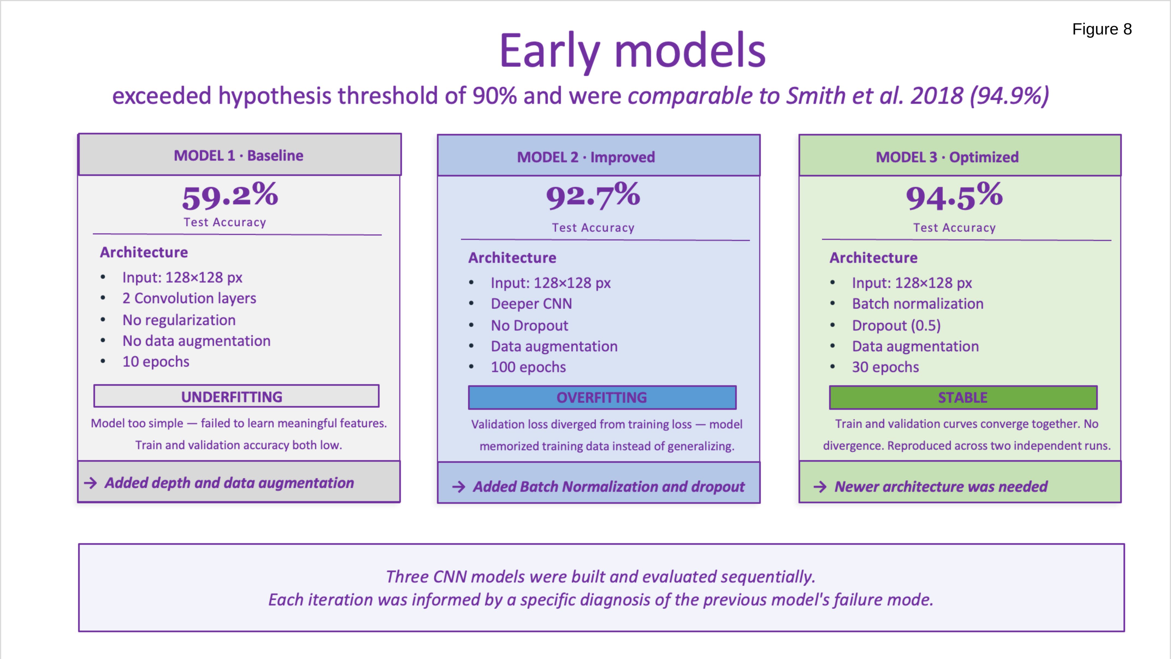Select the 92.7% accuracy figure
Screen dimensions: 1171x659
tap(593, 196)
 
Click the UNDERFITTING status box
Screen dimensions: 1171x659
tap(236, 396)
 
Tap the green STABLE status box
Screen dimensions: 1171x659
tap(963, 398)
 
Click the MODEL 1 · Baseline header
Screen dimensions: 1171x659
tap(239, 155)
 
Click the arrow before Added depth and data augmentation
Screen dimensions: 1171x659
tap(90, 483)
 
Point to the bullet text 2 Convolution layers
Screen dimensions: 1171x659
tap(189, 298)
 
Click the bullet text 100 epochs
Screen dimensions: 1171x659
tap(528, 367)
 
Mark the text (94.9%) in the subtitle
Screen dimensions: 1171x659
tap(1009, 96)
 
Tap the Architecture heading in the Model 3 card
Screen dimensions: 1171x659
tap(873, 258)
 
